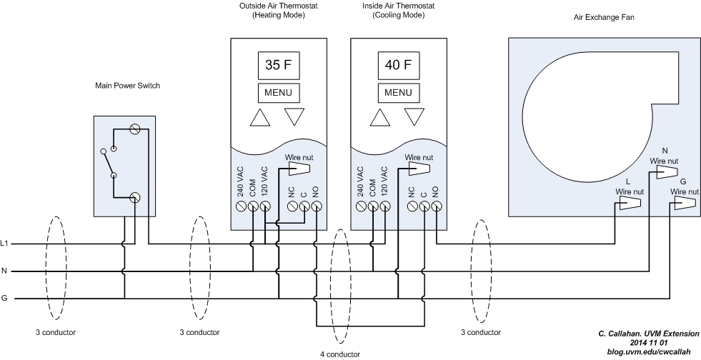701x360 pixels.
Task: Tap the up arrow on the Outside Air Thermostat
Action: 262,117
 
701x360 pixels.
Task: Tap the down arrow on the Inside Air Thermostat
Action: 414,117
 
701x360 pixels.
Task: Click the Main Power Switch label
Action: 128,86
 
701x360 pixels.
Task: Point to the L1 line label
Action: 5,244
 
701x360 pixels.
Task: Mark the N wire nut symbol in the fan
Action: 667,173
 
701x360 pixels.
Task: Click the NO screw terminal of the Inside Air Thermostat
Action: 435,206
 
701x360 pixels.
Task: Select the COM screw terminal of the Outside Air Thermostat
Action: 252,206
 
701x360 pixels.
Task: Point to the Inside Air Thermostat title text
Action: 398,11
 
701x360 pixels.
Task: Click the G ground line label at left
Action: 5,299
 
